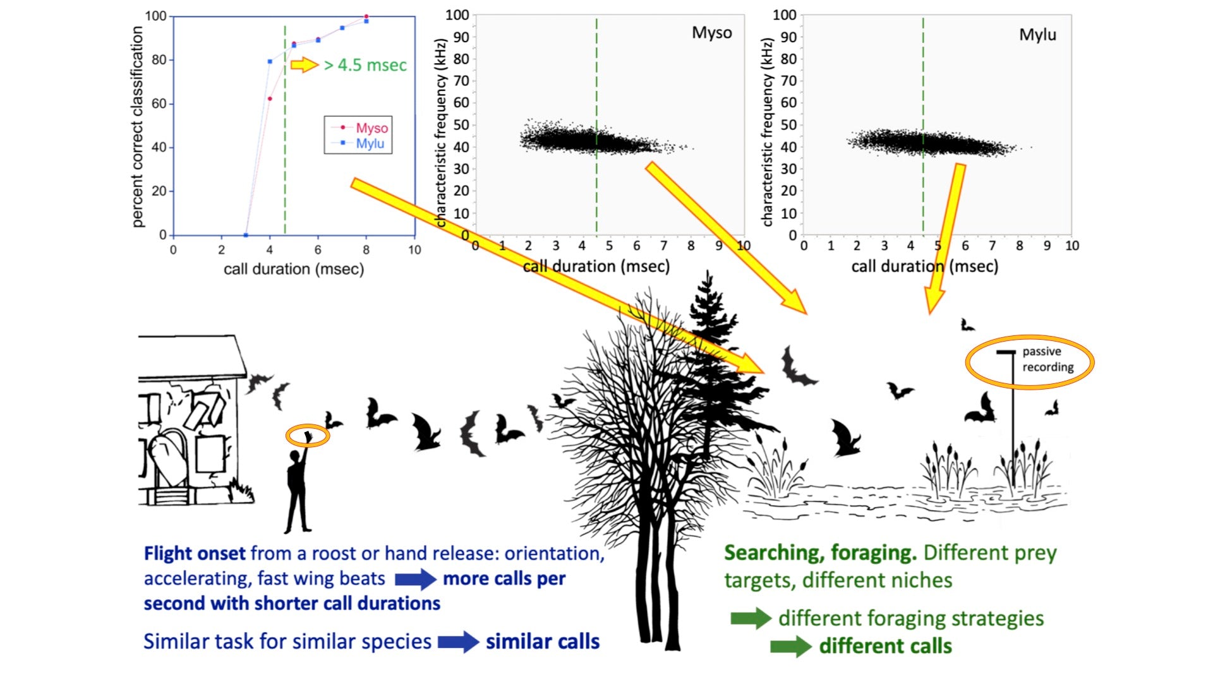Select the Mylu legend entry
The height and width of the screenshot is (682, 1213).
click(358, 143)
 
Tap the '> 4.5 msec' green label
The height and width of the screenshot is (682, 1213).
click(365, 65)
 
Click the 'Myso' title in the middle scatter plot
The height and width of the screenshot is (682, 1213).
click(712, 33)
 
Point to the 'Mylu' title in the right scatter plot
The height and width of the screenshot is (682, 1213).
click(1037, 35)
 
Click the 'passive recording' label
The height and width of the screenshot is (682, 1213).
click(1048, 359)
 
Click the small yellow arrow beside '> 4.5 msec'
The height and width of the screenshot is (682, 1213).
click(305, 64)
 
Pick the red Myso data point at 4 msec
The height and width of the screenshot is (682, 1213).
click(270, 99)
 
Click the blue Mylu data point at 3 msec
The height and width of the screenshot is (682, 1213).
click(246, 235)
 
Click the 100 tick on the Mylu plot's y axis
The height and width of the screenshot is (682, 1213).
click(784, 15)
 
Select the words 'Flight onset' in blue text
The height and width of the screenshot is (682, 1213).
click(195, 554)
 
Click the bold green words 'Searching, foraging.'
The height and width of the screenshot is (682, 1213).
click(820, 553)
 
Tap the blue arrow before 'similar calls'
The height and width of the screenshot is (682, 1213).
click(459, 642)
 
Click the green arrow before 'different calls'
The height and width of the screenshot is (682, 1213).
click(791, 647)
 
